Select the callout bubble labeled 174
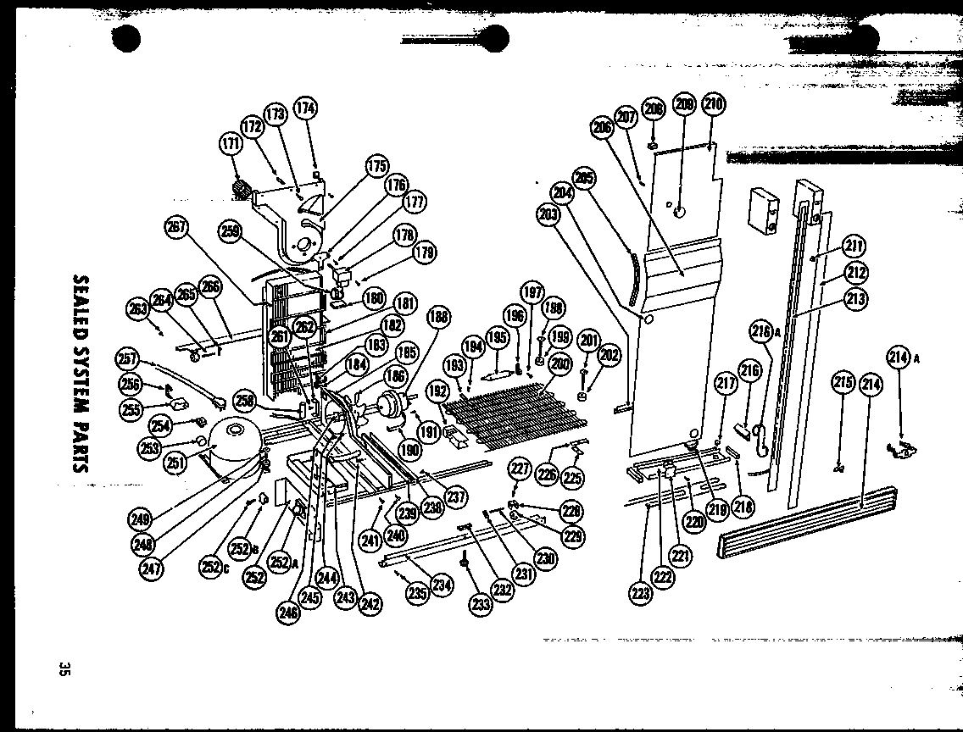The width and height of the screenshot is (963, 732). click(305, 108)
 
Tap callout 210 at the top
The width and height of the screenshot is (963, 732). click(713, 104)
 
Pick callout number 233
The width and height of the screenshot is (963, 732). click(481, 604)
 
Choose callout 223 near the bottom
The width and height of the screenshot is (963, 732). click(641, 593)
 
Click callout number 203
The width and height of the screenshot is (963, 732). click(548, 214)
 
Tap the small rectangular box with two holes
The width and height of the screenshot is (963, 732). click(764, 209)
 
